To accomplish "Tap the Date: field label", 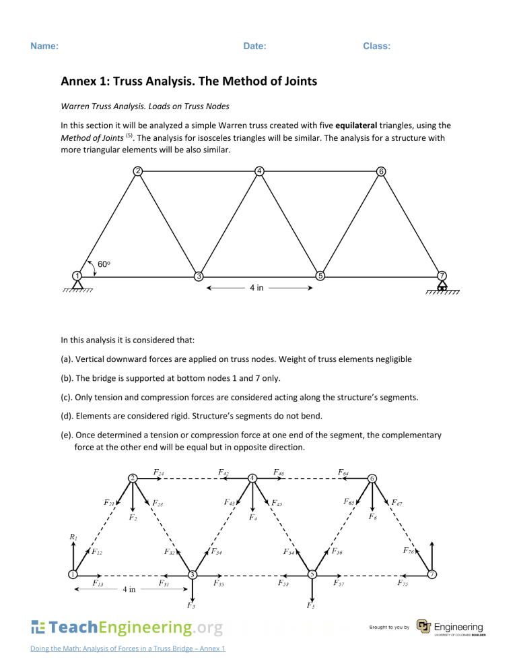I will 254,47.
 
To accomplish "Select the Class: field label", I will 377,47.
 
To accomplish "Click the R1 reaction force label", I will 73,537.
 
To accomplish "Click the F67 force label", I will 399,502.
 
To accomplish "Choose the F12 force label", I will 96,553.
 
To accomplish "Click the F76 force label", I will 407,551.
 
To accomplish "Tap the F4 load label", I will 252,518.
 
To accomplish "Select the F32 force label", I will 171,551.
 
